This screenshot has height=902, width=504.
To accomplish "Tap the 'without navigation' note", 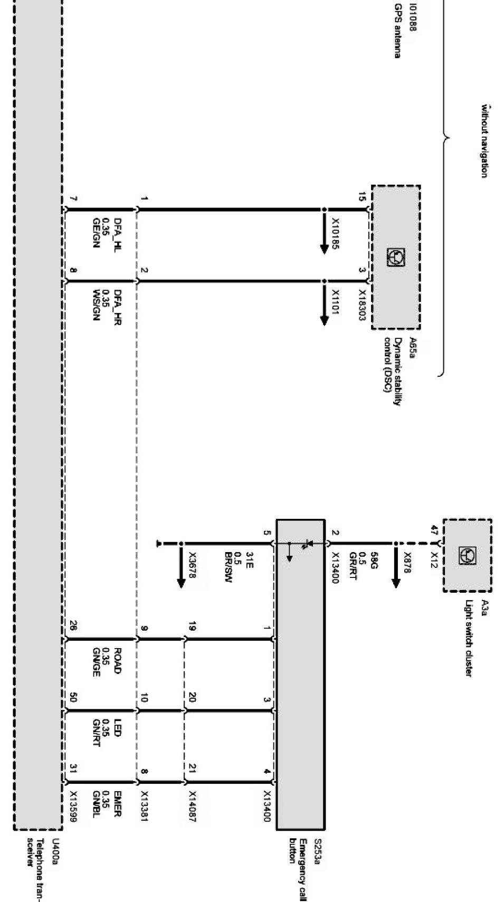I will coord(483,141).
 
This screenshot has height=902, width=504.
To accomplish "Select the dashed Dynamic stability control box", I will coord(396,257).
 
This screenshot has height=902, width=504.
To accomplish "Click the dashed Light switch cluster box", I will coord(467,555).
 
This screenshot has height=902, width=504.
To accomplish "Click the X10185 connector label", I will coord(336,233).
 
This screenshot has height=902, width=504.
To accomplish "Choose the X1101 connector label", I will coord(336,302).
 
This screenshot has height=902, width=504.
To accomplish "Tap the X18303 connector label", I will coord(363,305).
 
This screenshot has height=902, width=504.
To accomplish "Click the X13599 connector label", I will coord(74,808).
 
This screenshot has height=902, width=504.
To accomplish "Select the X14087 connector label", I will coord(193,808).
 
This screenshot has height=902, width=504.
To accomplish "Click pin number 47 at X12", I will coord(434,530).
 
